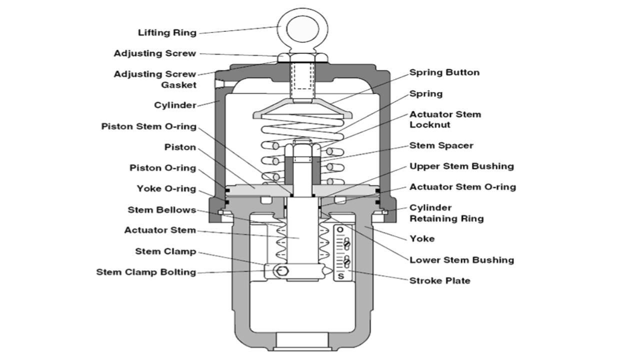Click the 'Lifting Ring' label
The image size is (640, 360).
pos(167,33)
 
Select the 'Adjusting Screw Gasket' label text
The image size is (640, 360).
pos(154,79)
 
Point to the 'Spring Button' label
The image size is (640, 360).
pos(444,72)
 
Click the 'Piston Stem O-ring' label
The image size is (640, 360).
pos(148,126)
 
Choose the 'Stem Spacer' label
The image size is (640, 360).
pos(441,145)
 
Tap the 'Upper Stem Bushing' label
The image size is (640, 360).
pos(461,166)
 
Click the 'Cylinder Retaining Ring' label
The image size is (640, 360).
pos(446,213)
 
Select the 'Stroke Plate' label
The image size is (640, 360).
pos(439,280)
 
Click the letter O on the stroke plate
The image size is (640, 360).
pos(340,230)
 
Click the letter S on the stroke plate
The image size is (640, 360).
pos(340,275)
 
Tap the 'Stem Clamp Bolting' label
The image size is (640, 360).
pos(146,272)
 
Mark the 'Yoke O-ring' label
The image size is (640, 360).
pos(166,189)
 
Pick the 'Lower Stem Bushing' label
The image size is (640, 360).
pos(461,260)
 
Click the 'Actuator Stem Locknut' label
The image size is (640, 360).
pos(445,119)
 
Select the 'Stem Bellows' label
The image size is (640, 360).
pos(161,210)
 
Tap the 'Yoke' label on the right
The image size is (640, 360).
pos(422,238)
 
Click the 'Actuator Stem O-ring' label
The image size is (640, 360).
pos(462,187)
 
